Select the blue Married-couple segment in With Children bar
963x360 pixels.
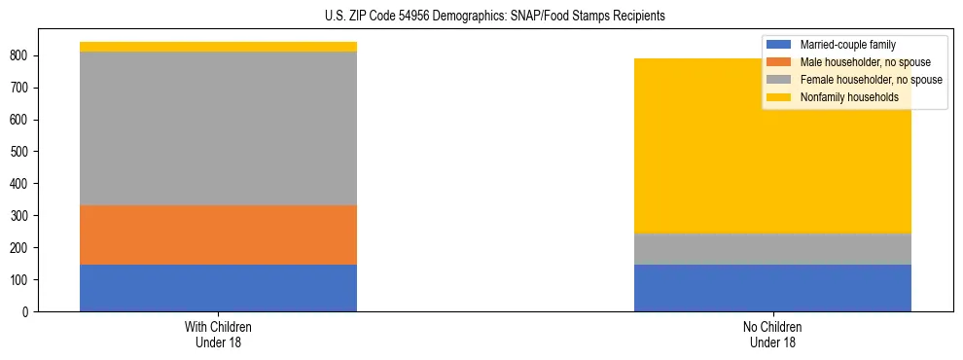(218, 288)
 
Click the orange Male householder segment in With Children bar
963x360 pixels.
(218, 234)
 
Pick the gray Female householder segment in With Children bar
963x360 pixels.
(218, 128)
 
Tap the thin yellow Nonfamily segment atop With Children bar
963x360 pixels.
(218, 47)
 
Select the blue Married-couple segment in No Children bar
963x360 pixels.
(772, 288)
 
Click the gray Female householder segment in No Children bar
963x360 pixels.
(772, 249)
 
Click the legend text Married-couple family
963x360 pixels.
(847, 45)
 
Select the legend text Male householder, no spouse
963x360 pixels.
(865, 62)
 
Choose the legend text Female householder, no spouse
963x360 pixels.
(871, 80)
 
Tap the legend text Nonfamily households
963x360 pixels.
(848, 97)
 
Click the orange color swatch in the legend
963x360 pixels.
(779, 62)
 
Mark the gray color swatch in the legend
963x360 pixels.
(779, 80)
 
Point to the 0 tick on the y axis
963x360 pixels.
(27, 312)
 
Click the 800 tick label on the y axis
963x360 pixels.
(21, 56)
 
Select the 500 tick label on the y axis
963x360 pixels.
(21, 152)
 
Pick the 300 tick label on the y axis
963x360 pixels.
(21, 216)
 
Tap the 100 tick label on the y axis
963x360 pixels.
(21, 280)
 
